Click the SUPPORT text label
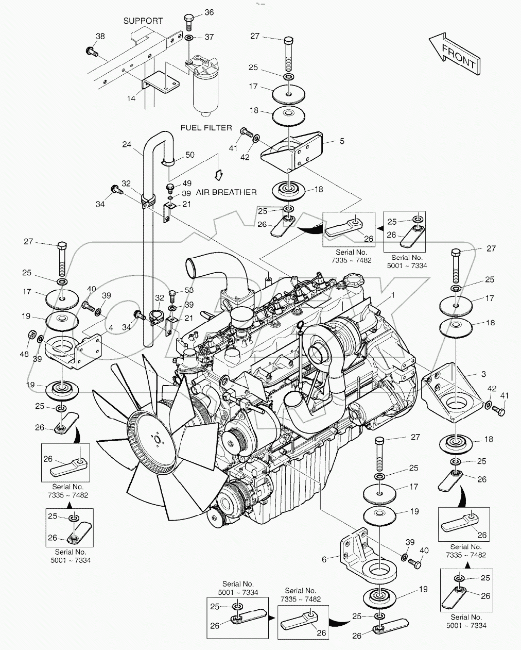143,21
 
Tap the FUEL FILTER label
206,127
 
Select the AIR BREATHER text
226,192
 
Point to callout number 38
100,36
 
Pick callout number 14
132,98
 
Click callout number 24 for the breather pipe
127,144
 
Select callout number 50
190,155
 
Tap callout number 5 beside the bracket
342,141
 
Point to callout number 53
189,291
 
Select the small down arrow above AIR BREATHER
218,175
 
